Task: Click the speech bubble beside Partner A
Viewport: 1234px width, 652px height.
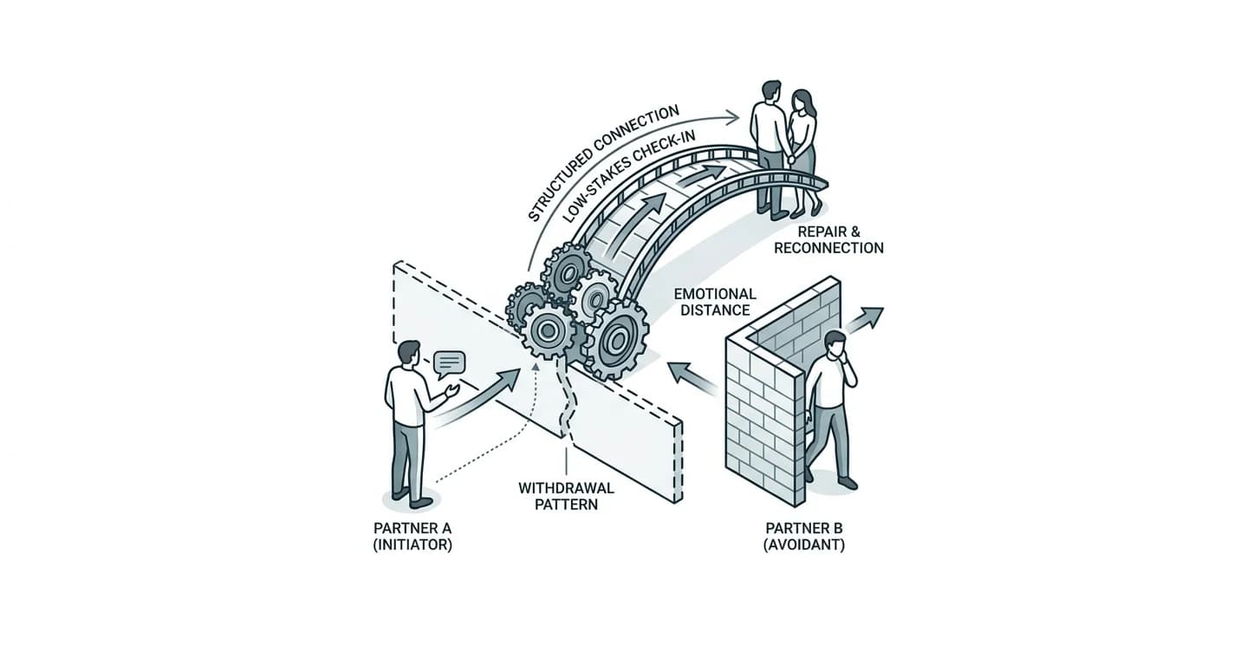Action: pos(449,364)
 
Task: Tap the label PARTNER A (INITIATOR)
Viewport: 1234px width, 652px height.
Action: pos(412,537)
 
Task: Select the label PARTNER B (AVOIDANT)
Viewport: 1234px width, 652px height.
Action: pos(804,537)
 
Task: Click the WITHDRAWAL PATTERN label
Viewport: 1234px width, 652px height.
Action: pos(567,496)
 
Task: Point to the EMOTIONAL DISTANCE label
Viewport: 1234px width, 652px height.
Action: pos(715,302)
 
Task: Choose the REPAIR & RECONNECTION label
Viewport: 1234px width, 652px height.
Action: pos(828,240)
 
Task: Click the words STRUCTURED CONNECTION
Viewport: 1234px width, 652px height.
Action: pos(602,163)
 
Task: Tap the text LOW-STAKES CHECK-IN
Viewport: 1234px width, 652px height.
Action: pos(628,176)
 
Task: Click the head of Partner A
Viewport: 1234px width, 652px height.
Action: pos(408,353)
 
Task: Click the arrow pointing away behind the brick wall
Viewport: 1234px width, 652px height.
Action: pos(864,320)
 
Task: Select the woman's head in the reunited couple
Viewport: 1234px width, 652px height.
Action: pos(801,102)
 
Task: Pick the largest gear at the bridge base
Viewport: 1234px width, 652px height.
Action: pos(616,340)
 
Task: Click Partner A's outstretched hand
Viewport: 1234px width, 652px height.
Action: pos(452,391)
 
